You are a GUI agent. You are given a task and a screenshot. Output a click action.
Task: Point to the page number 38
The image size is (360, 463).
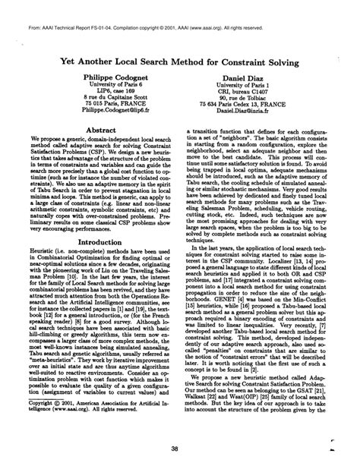click(x=180, y=447)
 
